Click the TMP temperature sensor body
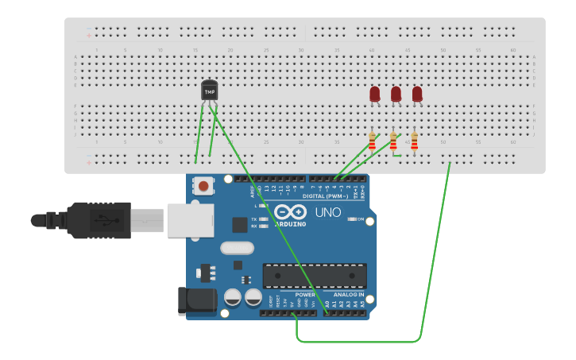point(210,91)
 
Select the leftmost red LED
point(375,95)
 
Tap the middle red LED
point(396,95)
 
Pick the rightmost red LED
point(417,95)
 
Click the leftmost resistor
point(372,142)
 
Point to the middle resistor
point(393,141)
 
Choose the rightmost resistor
point(414,141)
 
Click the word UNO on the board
point(328,212)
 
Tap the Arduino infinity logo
point(290,212)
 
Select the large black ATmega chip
point(315,275)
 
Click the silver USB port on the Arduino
point(190,220)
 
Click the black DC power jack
point(198,300)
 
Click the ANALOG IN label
point(349,294)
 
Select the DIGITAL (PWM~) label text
point(329,195)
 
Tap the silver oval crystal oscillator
point(237,248)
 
